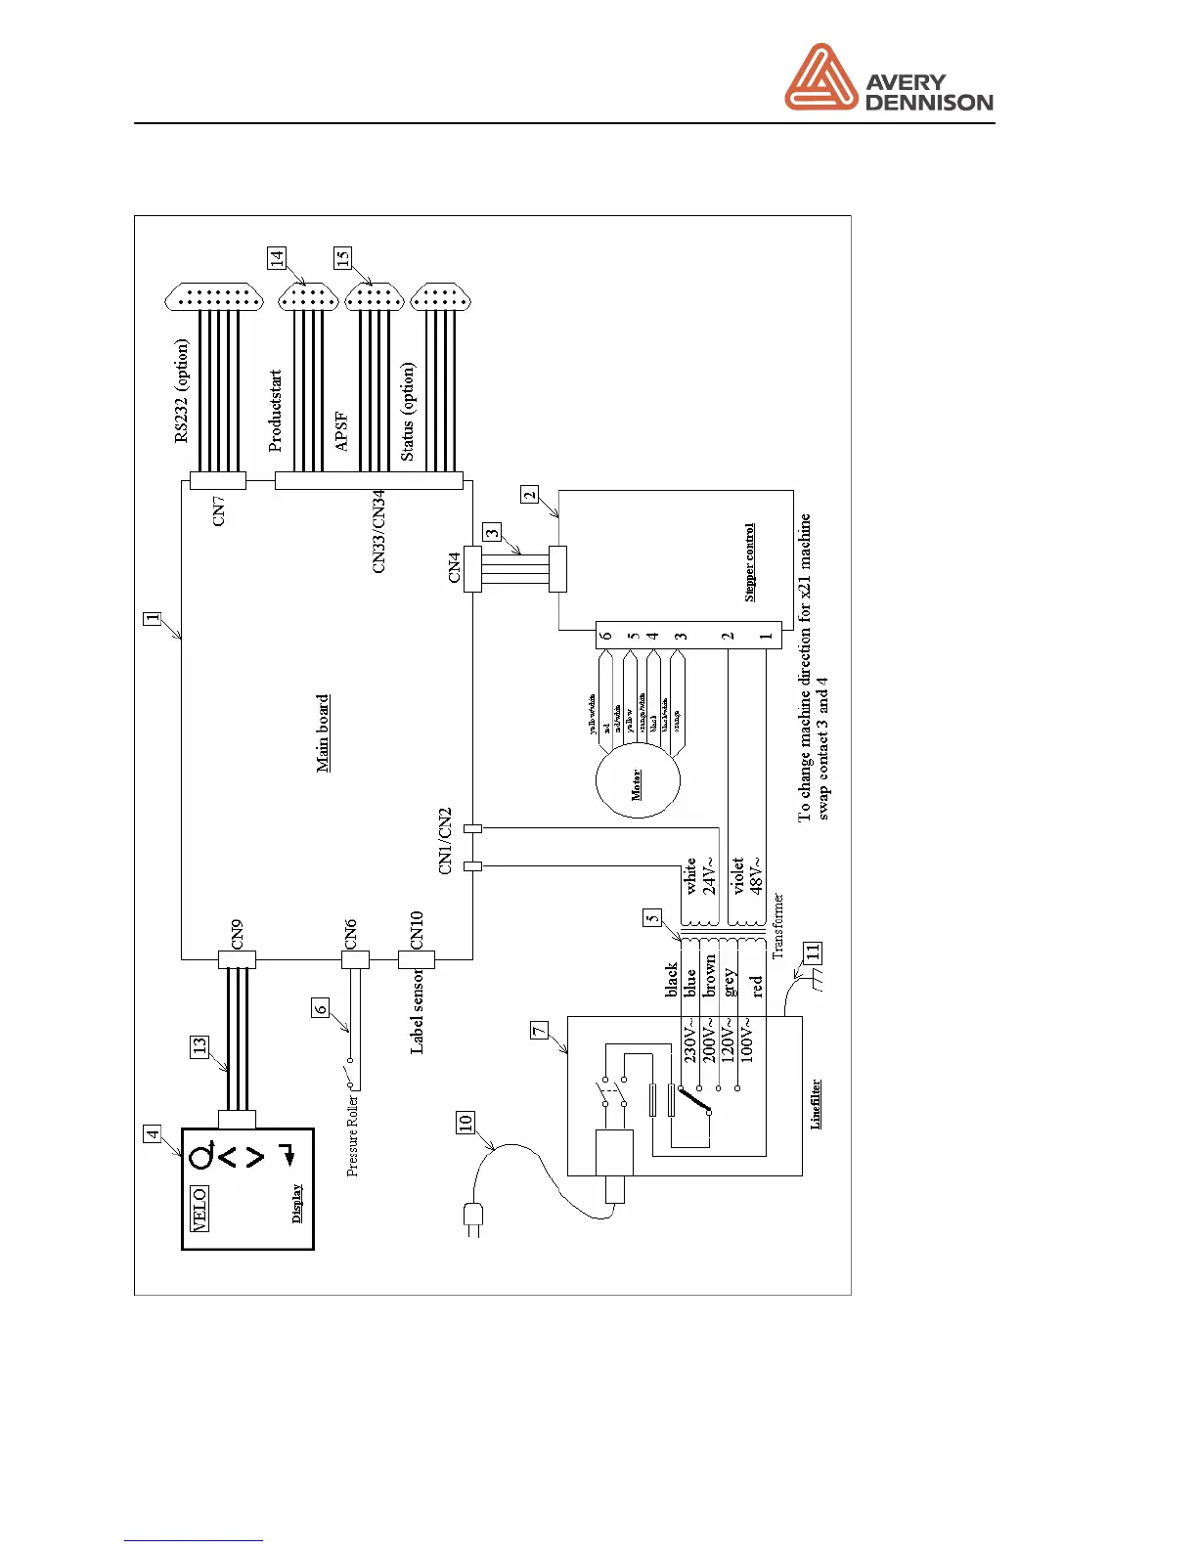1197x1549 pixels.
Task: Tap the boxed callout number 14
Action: pyautogui.click(x=277, y=258)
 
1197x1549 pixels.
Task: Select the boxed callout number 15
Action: pyautogui.click(x=342, y=258)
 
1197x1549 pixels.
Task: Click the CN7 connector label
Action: pyautogui.click(x=219, y=510)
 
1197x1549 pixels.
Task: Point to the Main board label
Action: pyautogui.click(x=324, y=733)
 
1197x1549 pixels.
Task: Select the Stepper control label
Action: pyautogui.click(x=750, y=562)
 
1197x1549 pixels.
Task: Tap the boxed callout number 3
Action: pyautogui.click(x=492, y=533)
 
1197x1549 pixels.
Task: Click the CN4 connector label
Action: pyautogui.click(x=455, y=568)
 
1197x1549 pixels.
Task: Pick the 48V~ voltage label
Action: pyautogui.click(x=757, y=874)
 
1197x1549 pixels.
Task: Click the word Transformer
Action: pyautogui.click(x=778, y=925)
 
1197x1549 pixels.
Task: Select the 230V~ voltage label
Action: pyautogui.click(x=689, y=1042)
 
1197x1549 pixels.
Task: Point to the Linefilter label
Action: pyautogui.click(x=816, y=1104)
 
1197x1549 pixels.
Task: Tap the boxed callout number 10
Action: pyautogui.click(x=465, y=1123)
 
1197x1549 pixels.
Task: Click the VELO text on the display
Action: pyautogui.click(x=199, y=1209)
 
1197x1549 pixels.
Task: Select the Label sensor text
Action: pyautogui.click(x=418, y=1011)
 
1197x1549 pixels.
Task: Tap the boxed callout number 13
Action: pyautogui.click(x=199, y=1047)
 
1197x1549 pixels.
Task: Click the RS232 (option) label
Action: pyautogui.click(x=182, y=391)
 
